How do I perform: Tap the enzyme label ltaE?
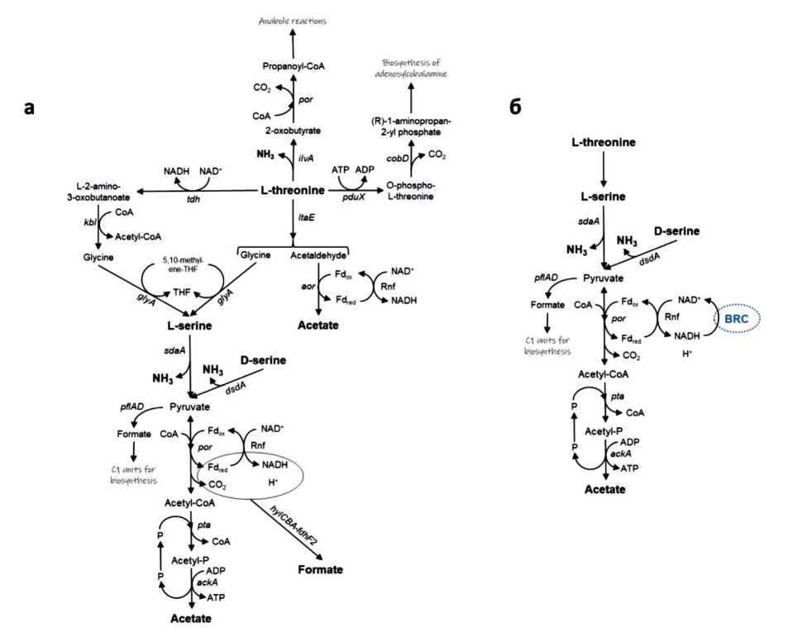pyautogui.click(x=304, y=216)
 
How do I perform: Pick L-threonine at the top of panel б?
pyautogui.click(x=604, y=143)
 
